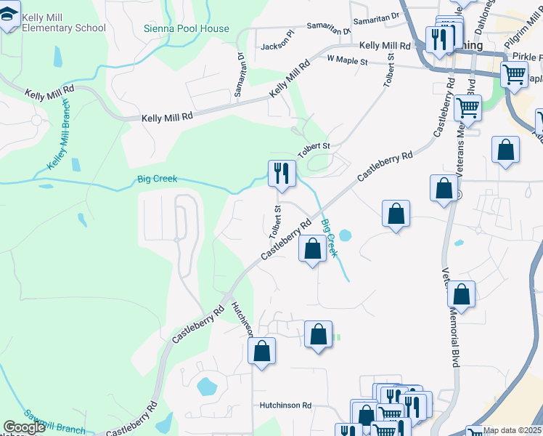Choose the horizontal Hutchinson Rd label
click(286, 405)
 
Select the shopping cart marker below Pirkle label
click(514, 73)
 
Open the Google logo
click(24, 428)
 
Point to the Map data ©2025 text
click(513, 430)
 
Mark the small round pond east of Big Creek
click(345, 235)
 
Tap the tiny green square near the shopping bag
click(338, 337)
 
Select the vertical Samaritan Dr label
click(240, 66)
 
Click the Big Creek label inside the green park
click(157, 179)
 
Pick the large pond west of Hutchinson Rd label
click(207, 385)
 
